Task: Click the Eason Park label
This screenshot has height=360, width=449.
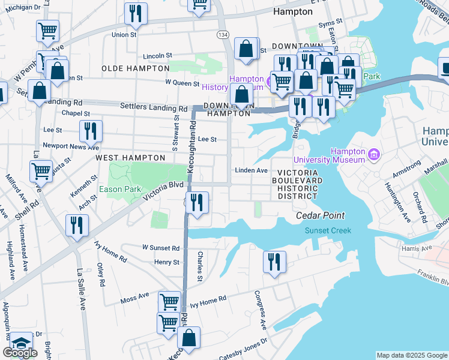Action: point(120,189)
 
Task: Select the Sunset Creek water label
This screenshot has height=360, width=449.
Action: point(327,230)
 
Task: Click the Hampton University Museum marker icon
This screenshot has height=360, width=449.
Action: point(375,155)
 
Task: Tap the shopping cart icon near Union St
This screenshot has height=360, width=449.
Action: point(47,31)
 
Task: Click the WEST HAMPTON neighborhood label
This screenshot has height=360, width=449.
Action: point(130,157)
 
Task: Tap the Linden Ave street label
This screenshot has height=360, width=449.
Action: point(251,170)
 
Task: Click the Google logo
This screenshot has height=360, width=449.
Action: point(20,353)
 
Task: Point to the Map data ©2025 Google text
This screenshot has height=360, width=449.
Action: point(411,355)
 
